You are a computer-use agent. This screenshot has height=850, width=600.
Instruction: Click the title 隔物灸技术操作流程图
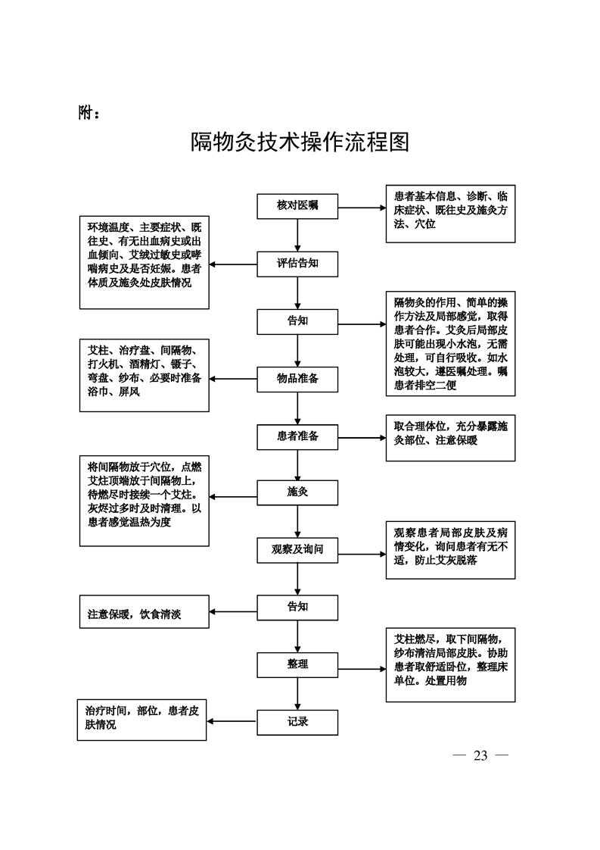pos(300,142)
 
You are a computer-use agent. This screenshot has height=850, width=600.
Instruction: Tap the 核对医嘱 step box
pos(297,206)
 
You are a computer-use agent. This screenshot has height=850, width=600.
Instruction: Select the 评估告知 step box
pos(297,264)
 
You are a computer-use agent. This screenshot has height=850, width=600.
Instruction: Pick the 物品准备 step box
pos(297,378)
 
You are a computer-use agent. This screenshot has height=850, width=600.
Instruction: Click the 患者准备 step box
pos(297,436)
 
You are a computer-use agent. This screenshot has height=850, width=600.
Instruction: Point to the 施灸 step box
pos(297,492)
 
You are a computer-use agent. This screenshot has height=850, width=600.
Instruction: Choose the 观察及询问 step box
pos(297,550)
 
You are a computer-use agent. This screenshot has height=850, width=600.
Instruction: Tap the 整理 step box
pos(297,664)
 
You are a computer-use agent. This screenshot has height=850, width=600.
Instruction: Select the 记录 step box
pos(297,722)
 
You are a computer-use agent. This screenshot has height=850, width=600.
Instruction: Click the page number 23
pos(480,755)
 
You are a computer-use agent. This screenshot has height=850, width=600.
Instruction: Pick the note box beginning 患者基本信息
pos(450,214)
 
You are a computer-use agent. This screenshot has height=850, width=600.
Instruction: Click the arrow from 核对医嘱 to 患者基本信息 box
pos(361,207)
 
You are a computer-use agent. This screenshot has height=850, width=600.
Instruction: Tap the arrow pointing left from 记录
pos(232,721)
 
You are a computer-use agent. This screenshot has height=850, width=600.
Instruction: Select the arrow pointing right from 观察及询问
pos(361,554)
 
